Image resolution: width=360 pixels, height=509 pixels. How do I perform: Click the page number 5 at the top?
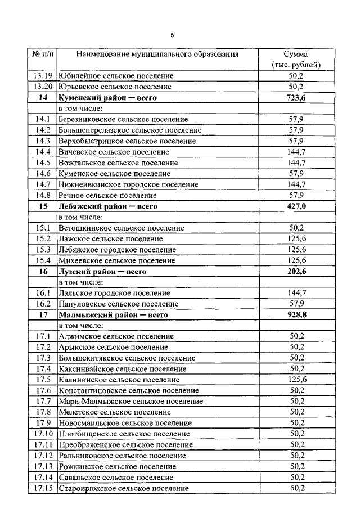(172, 35)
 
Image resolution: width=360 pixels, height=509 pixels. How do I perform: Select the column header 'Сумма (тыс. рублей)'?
(295, 60)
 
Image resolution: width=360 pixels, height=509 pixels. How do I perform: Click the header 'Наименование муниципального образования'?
(157, 55)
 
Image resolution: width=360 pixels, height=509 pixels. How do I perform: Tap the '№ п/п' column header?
(42, 55)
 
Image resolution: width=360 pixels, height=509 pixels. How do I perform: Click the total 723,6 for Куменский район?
(296, 98)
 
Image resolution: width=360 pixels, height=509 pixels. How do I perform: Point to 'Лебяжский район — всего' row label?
(107, 206)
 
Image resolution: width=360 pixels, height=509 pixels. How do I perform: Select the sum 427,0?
(296, 206)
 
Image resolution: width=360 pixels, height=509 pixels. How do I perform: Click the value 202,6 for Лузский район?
(296, 271)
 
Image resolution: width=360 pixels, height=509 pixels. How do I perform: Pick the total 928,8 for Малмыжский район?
(296, 314)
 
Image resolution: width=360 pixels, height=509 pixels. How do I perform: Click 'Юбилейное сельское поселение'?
(116, 76)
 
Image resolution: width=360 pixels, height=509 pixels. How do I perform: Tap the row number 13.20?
(43, 87)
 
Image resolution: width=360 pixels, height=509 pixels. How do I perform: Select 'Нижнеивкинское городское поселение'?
(128, 184)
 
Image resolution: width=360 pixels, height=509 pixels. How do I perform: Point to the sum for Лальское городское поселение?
(296, 293)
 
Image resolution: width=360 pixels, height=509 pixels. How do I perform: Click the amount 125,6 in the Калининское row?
(296, 380)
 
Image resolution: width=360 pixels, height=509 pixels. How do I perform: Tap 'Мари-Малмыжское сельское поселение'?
(130, 402)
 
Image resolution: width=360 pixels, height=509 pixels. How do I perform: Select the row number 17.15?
(43, 488)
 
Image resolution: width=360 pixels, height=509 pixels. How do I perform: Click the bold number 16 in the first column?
(43, 271)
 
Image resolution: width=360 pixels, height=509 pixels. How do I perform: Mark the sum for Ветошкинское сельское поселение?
(296, 228)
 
